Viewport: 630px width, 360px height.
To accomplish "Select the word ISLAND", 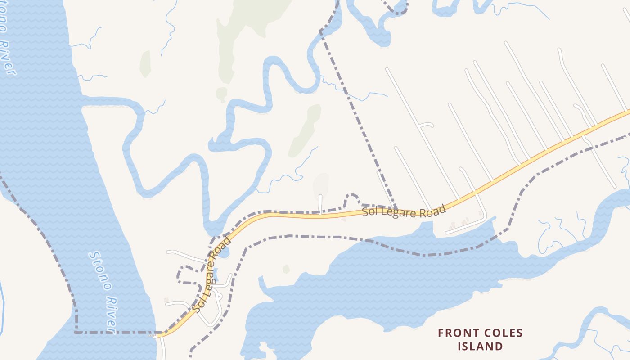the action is (480, 346).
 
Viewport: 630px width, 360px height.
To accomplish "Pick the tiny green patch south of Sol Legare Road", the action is (286, 269).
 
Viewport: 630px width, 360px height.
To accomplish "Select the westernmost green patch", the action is (145, 63).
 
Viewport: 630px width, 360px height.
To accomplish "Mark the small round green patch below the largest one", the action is (221, 94).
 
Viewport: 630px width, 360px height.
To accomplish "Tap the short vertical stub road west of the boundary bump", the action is (320, 204).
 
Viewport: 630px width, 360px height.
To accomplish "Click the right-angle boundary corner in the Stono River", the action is (76, 332).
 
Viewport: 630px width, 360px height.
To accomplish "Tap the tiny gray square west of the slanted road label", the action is (166, 300).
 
